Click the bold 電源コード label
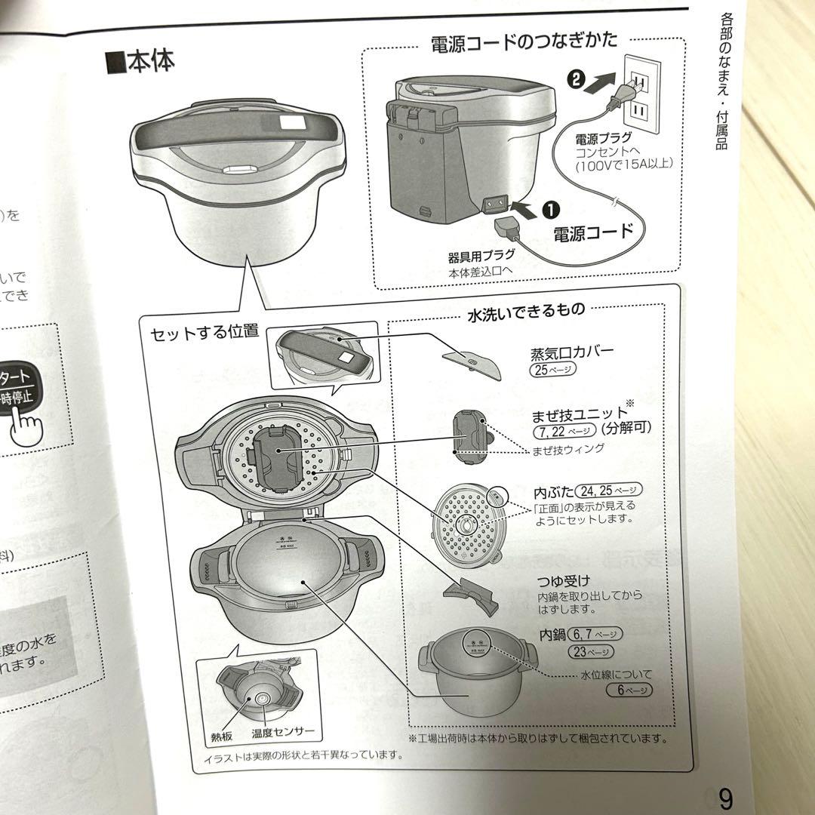click(593, 232)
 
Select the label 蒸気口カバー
click(572, 352)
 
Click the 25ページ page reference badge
click(553, 369)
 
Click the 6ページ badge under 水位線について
click(628, 690)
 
